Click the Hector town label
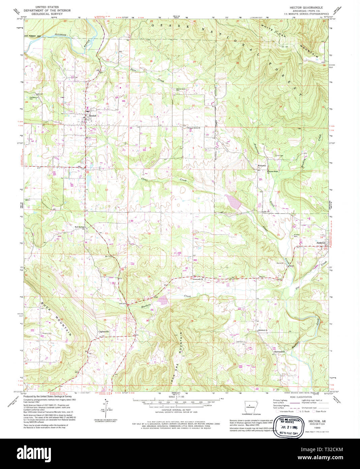92,116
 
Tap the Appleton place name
321,243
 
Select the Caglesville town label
103,332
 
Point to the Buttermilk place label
279,352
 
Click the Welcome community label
262,166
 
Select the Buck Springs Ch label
80,227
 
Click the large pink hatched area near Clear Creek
234,201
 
